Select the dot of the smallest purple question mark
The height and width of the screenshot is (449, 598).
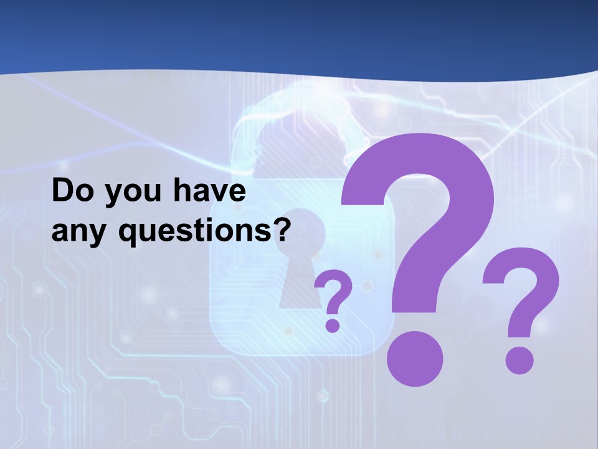[x=333, y=325]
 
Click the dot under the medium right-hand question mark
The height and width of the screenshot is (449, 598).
[x=519, y=361]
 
